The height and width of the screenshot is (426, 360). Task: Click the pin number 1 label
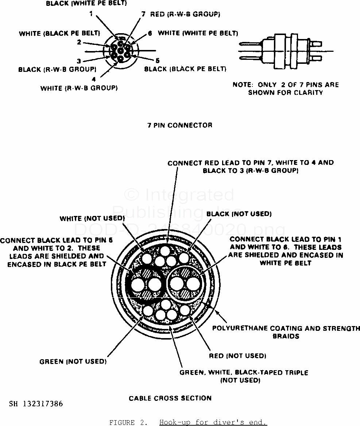point(91,14)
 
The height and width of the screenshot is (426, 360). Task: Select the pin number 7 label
point(144,14)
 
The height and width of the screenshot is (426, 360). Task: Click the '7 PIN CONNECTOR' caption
point(179,125)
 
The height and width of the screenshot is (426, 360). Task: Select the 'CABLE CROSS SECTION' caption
point(170,398)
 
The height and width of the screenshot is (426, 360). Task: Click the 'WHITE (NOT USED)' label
point(92,218)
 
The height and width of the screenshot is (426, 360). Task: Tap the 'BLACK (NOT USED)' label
point(239,213)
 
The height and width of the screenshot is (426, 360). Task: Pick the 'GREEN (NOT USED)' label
point(73,361)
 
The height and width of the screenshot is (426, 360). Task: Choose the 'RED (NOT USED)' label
point(237,355)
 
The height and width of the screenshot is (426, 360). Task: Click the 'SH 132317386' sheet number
point(36,404)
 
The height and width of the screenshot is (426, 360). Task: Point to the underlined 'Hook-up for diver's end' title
point(213,423)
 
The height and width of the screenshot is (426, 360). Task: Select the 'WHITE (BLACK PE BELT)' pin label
point(59,33)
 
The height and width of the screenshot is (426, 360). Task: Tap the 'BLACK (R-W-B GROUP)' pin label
point(57,69)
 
